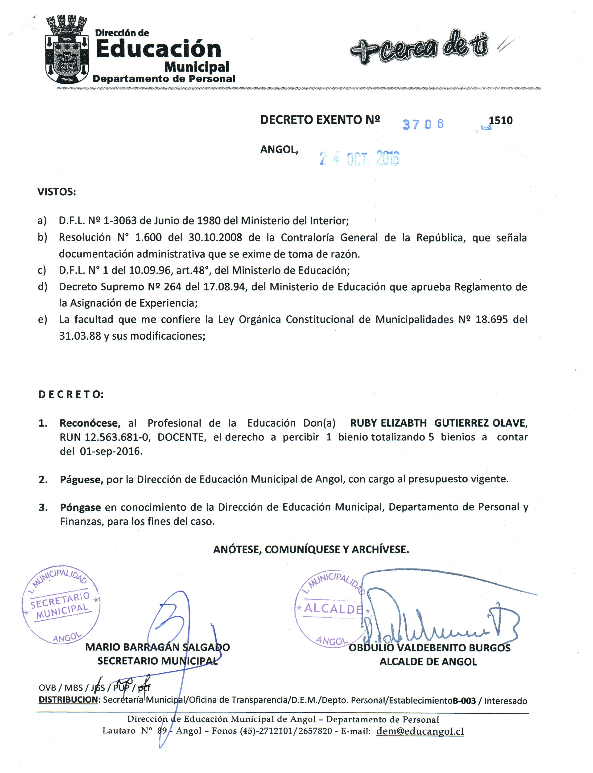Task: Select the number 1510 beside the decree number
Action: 501,121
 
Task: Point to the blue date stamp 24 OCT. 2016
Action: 359,158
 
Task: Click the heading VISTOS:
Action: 57,192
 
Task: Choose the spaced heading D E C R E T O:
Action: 71,394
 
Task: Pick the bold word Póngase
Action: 80,508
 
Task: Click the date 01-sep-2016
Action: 111,451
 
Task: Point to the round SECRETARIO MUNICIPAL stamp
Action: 61,606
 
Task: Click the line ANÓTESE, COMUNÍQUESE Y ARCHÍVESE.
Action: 311,549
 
